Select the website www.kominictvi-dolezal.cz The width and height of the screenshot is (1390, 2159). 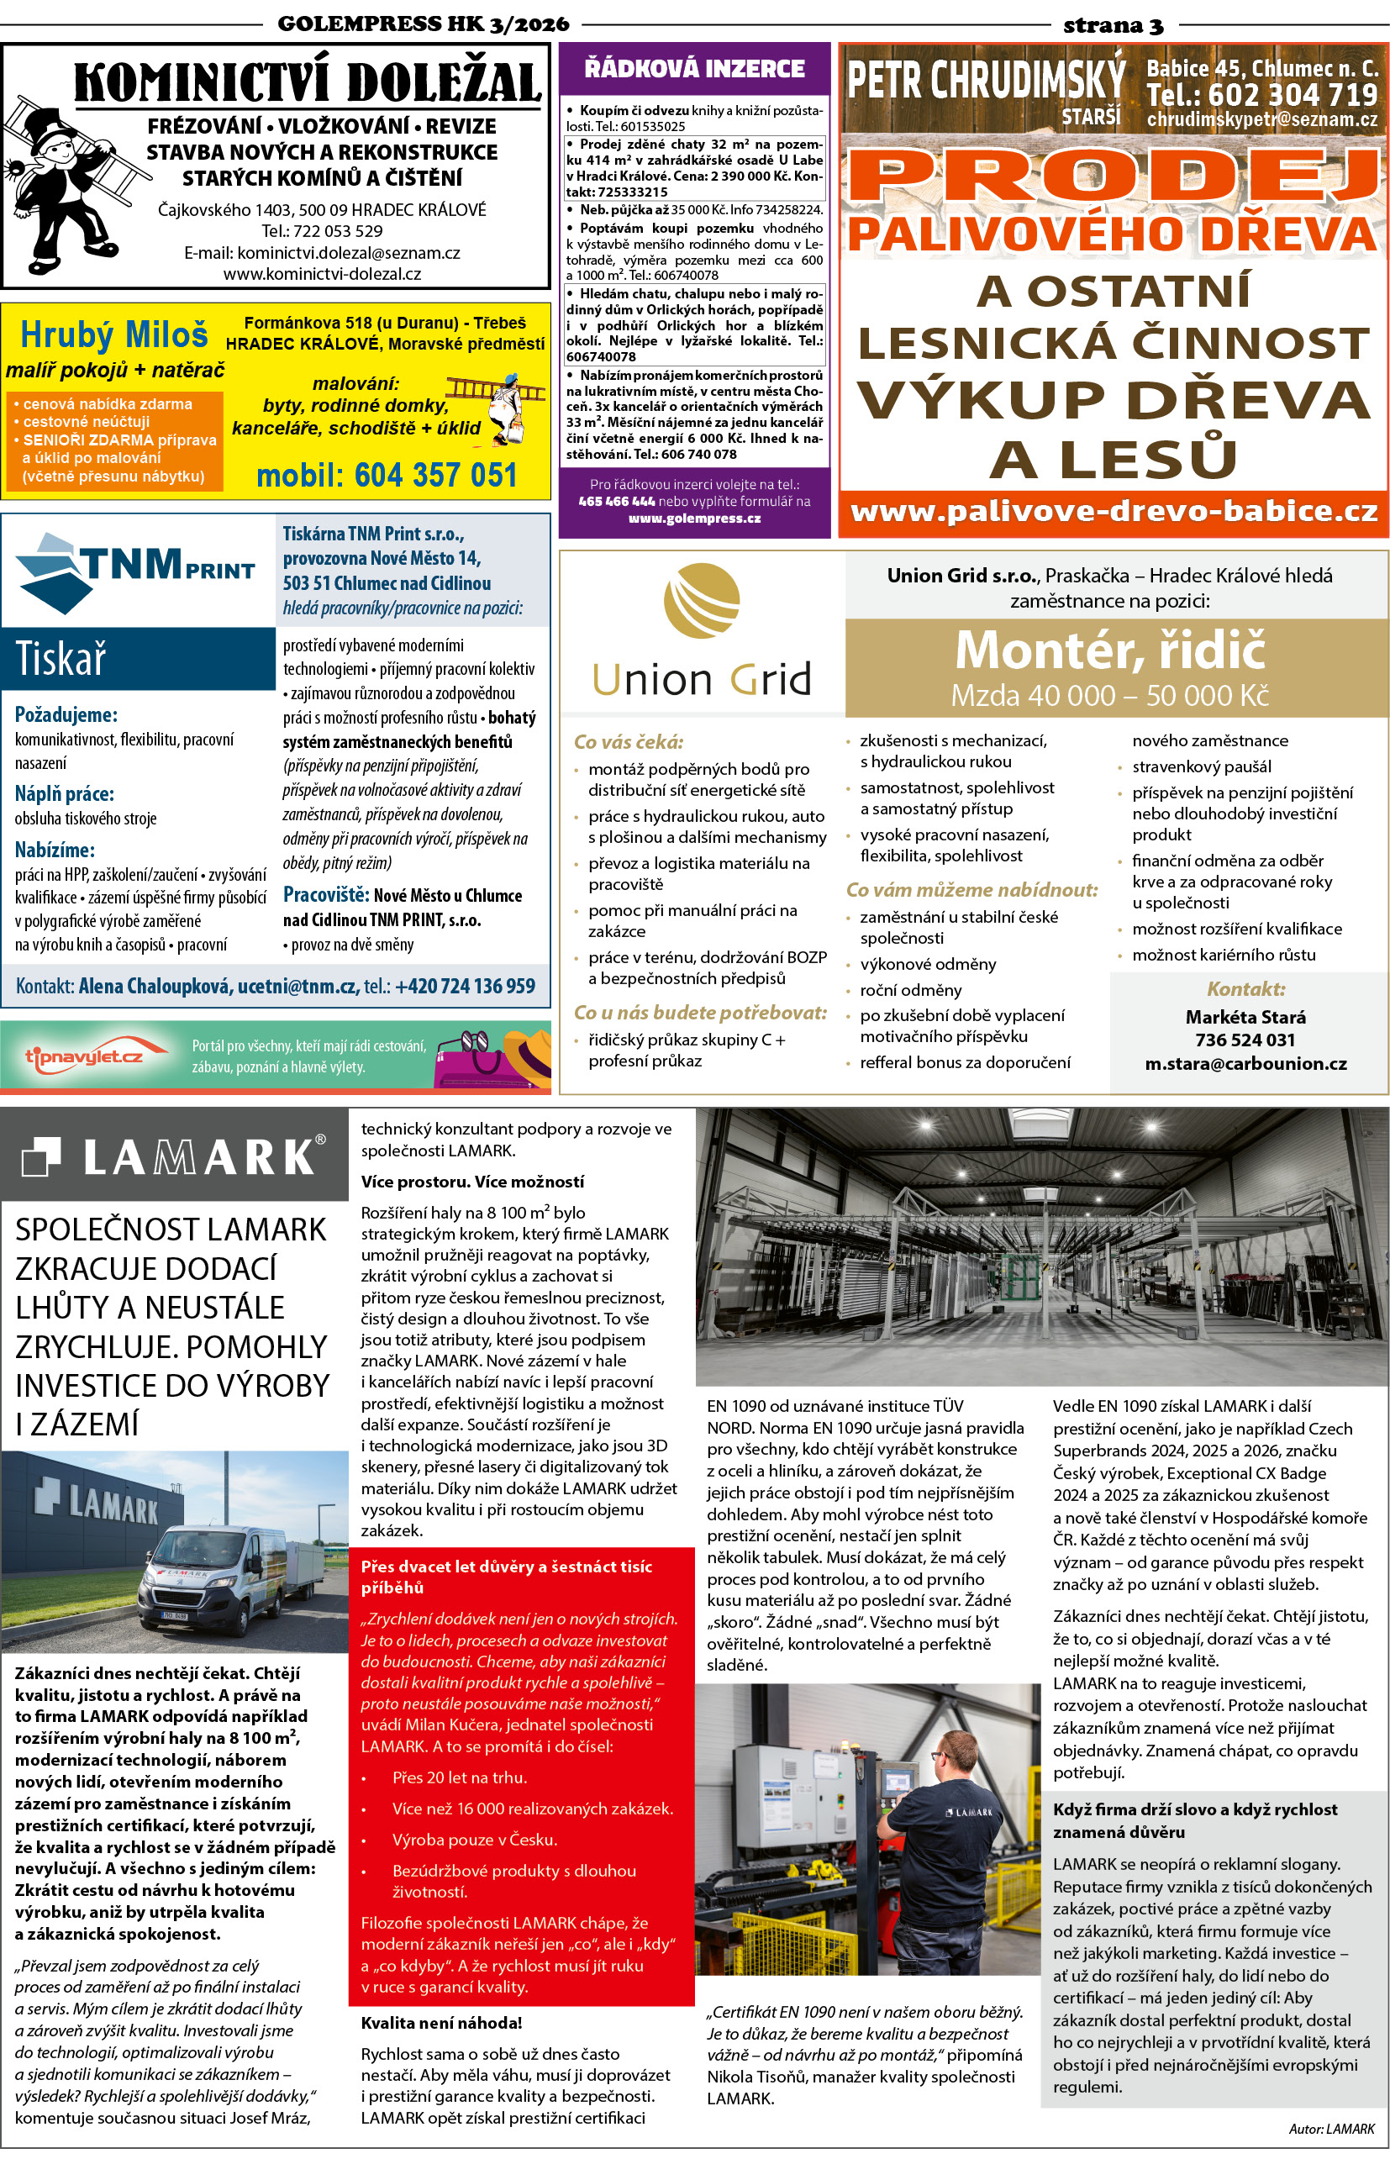tap(322, 273)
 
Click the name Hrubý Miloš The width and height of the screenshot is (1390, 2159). tap(113, 334)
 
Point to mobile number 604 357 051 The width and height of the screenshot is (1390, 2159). tap(387, 475)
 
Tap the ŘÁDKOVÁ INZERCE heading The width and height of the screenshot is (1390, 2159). tap(694, 69)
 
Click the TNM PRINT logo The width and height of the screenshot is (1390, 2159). tap(135, 571)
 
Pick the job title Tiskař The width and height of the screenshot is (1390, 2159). tap(61, 659)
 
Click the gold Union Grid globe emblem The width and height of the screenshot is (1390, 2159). tap(702, 600)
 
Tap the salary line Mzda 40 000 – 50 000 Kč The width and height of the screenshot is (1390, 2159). tap(1109, 695)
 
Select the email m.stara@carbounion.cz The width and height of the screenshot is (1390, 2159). tap(1245, 1063)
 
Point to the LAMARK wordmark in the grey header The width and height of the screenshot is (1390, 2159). tap(197, 1157)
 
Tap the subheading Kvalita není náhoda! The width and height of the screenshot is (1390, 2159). tap(441, 2023)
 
